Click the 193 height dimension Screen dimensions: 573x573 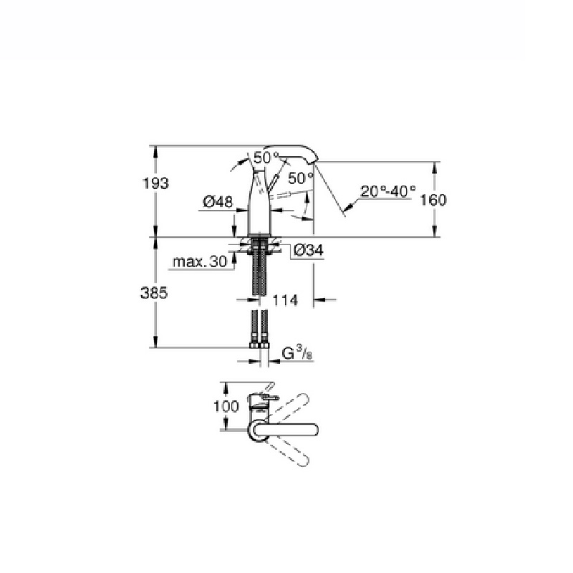(155, 183)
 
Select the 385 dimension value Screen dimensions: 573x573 (155, 294)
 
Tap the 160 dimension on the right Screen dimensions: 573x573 (433, 200)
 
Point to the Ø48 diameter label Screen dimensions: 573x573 (218, 203)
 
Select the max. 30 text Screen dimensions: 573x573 (200, 262)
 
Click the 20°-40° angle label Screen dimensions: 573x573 (387, 191)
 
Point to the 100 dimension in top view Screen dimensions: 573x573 (226, 406)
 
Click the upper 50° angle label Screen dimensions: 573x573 (266, 157)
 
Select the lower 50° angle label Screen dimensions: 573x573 (301, 177)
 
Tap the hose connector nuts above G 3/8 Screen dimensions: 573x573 (259, 345)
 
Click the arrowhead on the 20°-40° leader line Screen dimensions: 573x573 (345, 211)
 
